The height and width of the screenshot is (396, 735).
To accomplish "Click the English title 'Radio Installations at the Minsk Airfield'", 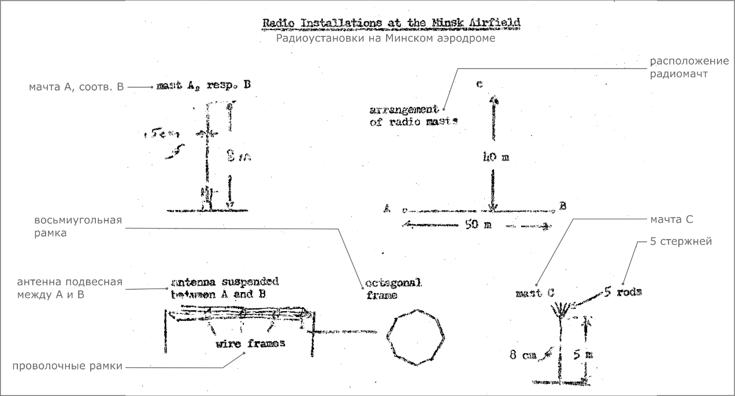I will [391, 23].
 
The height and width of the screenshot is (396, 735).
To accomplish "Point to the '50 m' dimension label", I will [478, 225].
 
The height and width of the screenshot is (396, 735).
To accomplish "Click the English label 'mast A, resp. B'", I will [203, 85].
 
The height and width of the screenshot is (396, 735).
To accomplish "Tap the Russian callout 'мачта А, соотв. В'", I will [76, 88].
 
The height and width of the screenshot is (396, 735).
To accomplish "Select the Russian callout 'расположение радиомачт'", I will [681, 67].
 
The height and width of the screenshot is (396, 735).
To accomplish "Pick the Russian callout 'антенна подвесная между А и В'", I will [70, 287].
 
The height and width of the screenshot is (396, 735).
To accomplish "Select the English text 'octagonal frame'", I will [393, 289].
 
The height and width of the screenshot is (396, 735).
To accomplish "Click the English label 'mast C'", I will [534, 293].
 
